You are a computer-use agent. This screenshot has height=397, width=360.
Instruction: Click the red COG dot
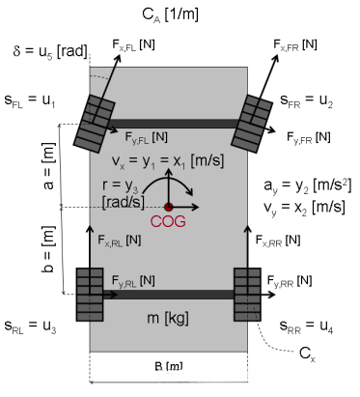[x=169, y=207]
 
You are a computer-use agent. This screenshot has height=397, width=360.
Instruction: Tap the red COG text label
[x=168, y=221]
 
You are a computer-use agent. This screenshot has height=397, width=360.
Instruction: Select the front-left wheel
[x=95, y=124]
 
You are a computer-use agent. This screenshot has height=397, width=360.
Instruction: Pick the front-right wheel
[x=252, y=124]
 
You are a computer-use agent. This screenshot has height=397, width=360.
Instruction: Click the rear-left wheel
[x=90, y=295]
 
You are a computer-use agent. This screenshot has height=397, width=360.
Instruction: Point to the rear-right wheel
[x=247, y=295]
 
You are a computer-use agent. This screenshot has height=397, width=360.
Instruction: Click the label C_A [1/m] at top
[x=170, y=15]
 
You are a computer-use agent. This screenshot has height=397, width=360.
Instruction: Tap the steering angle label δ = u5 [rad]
[x=50, y=51]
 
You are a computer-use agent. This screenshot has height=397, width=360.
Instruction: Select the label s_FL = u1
[x=30, y=100]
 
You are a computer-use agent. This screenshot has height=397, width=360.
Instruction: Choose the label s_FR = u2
[x=306, y=100]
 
